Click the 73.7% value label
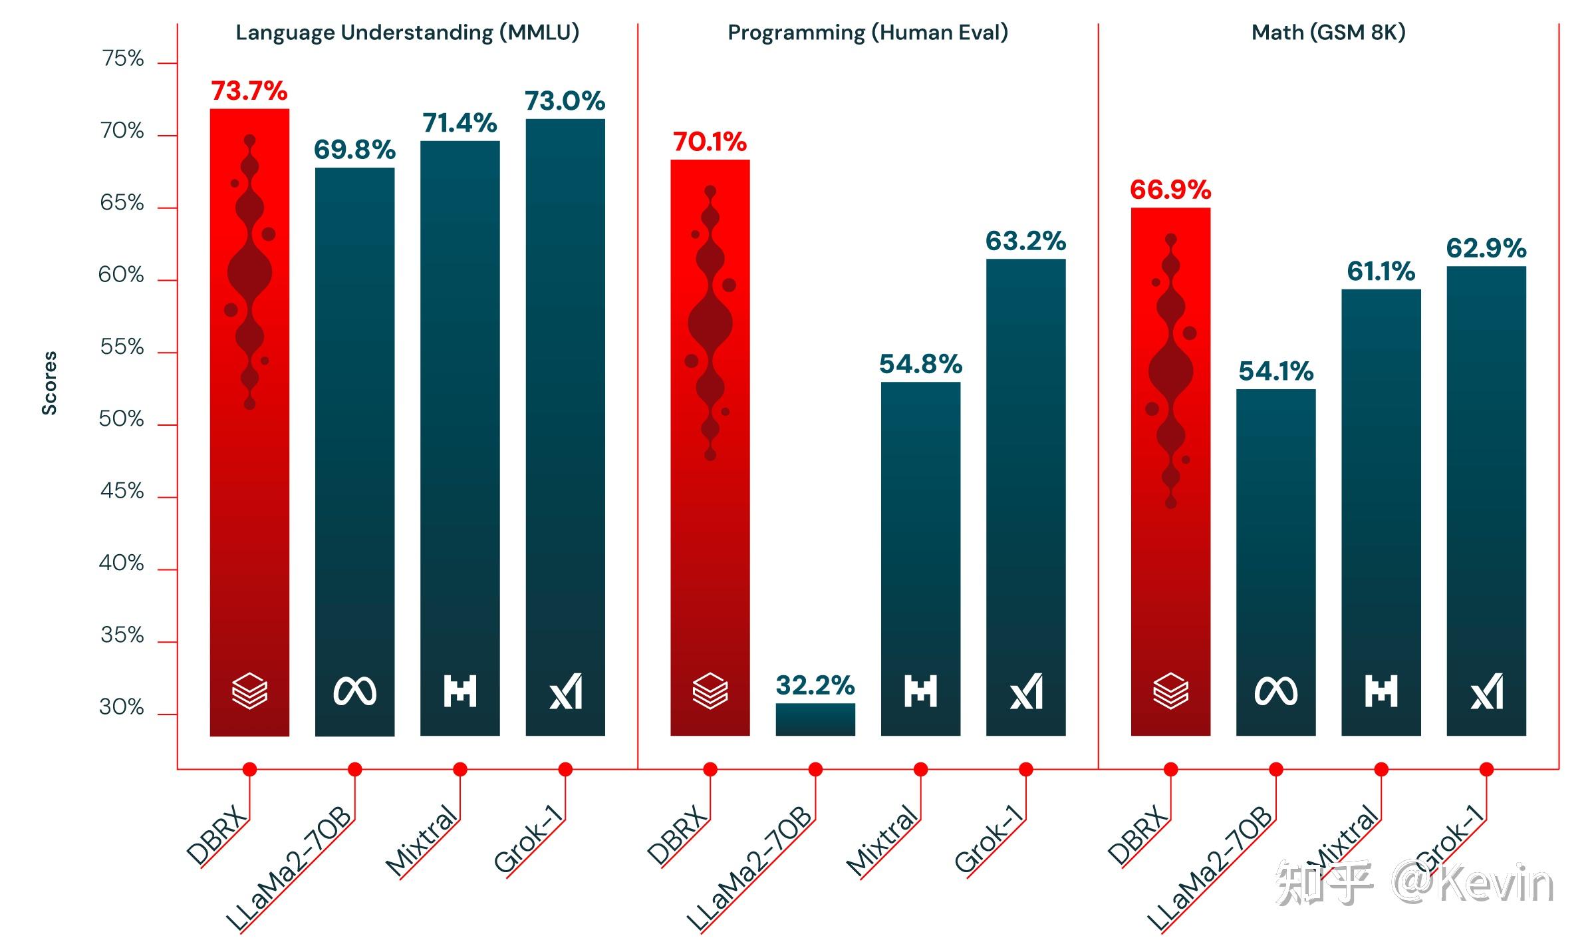point(249,91)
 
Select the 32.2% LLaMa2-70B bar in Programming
point(815,719)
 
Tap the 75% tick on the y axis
point(123,59)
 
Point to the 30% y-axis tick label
point(122,707)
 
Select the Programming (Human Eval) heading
point(868,33)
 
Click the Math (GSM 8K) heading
point(1328,33)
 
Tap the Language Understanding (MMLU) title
point(408,33)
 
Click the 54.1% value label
point(1275,371)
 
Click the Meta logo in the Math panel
point(1275,692)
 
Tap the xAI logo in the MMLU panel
point(565,692)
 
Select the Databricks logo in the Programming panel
point(710,691)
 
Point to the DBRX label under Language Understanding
point(216,835)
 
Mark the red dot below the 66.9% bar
point(1170,770)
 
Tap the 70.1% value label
point(710,142)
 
